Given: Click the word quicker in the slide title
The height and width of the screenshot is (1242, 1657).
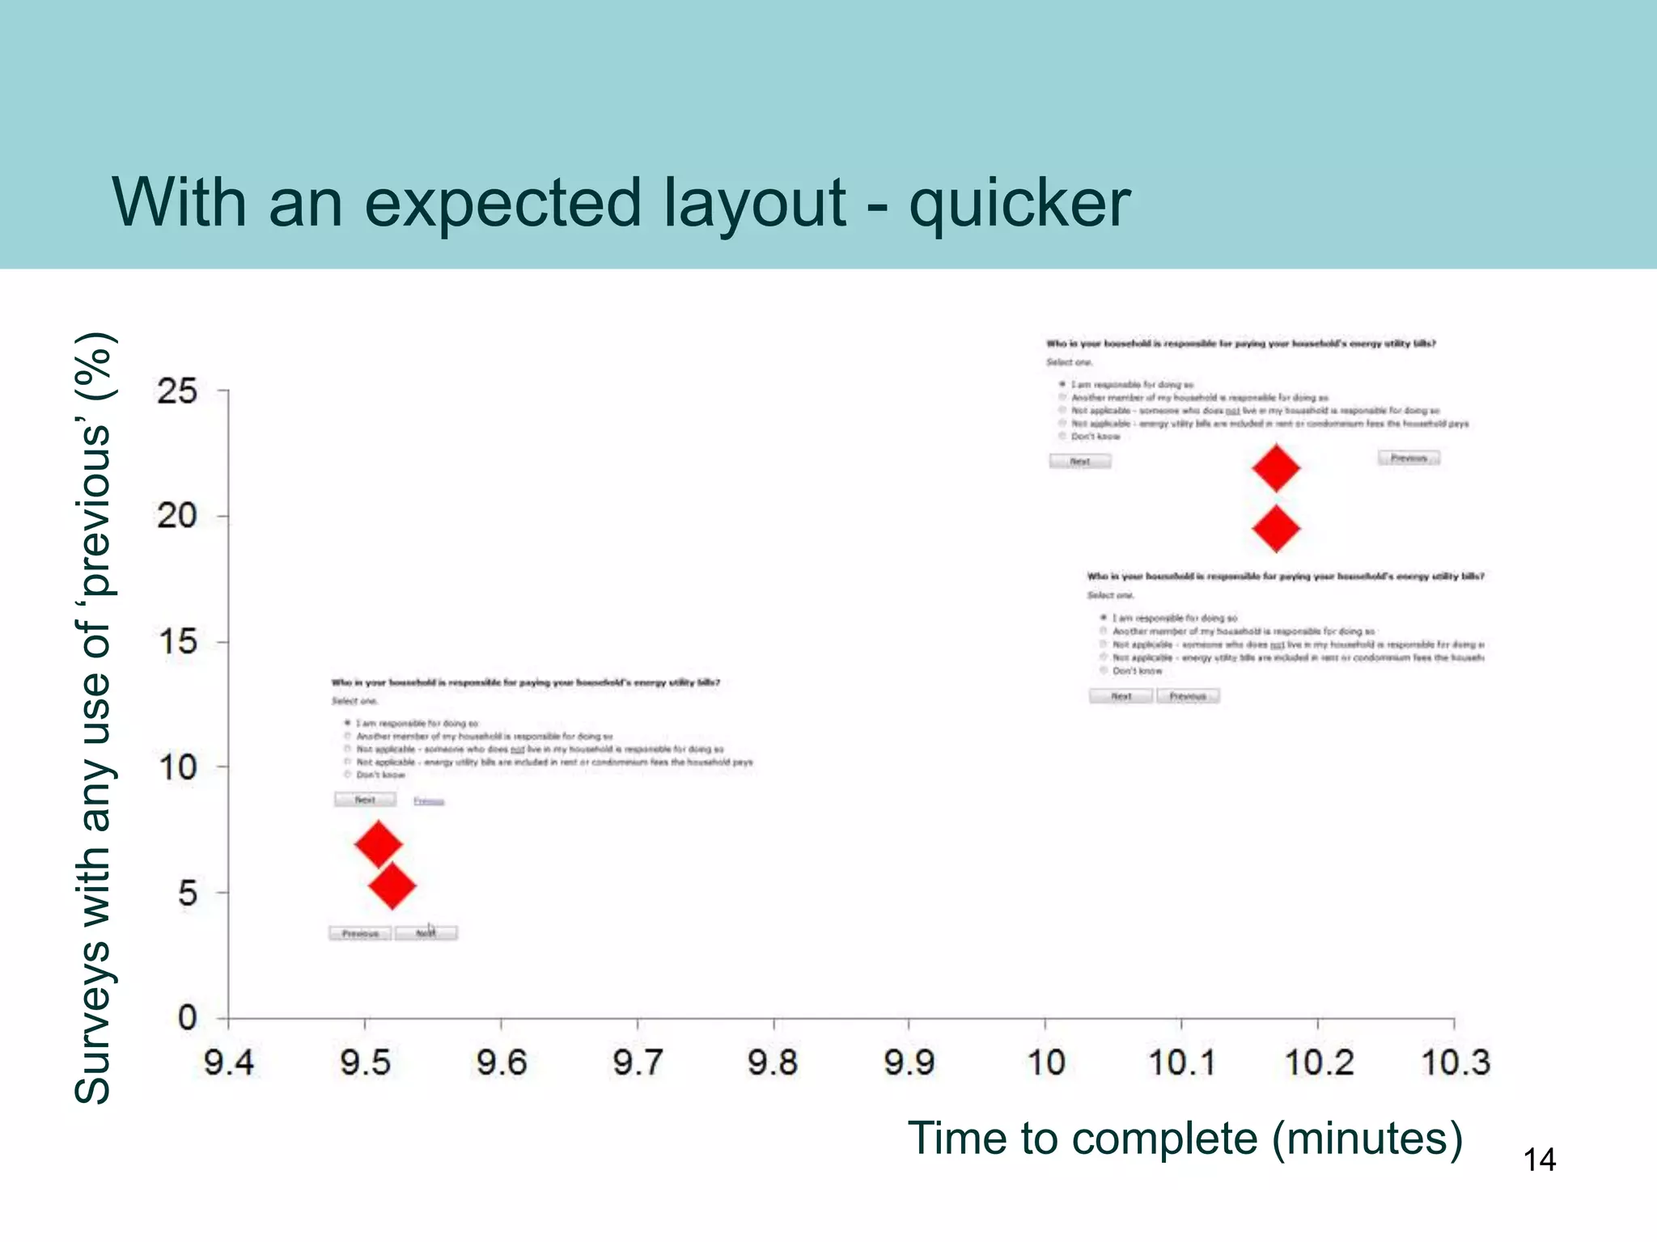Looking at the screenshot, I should tap(1019, 204).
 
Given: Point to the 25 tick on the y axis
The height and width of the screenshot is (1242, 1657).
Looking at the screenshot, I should tap(177, 391).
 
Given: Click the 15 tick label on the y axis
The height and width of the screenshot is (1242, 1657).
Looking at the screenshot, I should tap(177, 642).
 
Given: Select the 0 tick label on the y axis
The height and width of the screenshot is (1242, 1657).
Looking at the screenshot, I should tap(187, 1017).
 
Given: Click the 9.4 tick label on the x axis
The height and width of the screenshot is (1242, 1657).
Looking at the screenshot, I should tap(229, 1062).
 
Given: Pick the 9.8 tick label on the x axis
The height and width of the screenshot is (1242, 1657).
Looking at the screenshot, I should tap(773, 1062).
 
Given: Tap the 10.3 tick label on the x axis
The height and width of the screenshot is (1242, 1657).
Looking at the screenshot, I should tap(1455, 1062).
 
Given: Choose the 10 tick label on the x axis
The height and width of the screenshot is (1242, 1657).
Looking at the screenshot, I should tap(1045, 1062).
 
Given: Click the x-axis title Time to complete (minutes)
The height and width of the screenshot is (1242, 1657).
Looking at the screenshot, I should tap(1184, 1138).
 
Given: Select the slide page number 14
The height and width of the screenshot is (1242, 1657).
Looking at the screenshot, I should tap(1539, 1160).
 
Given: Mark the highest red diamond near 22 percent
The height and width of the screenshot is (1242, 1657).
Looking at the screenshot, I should tap(1276, 467).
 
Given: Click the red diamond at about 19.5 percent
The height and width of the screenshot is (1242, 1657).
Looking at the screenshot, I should tap(1276, 529).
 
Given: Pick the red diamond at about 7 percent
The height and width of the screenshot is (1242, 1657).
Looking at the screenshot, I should tap(379, 844).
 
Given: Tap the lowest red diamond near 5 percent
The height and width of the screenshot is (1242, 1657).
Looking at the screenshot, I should tap(392, 885).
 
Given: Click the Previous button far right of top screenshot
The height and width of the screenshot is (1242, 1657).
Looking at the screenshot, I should tap(1409, 458).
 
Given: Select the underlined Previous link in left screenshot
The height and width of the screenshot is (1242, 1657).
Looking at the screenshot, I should tap(429, 801).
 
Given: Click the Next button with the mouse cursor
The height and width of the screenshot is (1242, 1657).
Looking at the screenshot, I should tap(426, 933).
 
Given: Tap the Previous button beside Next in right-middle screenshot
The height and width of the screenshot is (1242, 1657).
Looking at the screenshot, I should tap(1188, 696).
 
